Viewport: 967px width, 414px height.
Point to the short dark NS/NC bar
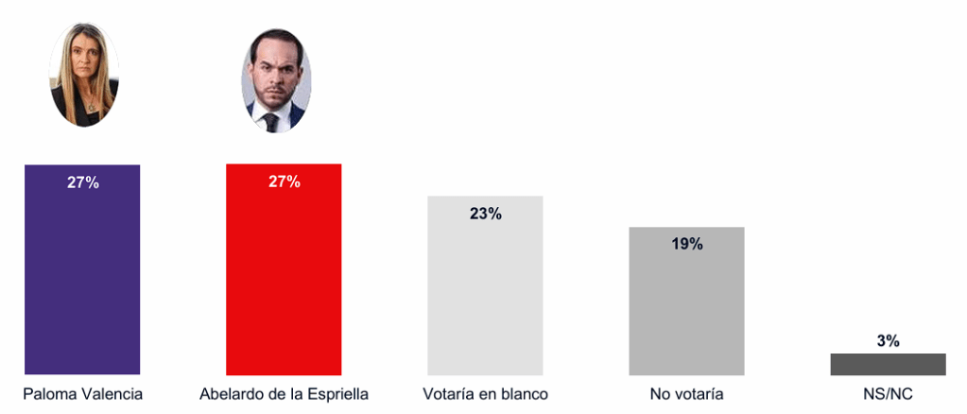click(x=888, y=364)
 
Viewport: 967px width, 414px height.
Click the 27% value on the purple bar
click(x=83, y=182)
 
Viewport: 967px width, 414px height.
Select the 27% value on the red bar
click(x=285, y=181)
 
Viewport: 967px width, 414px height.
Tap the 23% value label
click(x=486, y=214)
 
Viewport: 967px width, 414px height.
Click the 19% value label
click(x=687, y=244)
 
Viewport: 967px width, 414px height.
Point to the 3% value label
click(x=888, y=341)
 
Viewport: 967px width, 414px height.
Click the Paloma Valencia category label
click(x=83, y=393)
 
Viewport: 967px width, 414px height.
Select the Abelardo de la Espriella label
click(x=284, y=393)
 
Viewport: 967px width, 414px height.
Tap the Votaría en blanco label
click(x=486, y=393)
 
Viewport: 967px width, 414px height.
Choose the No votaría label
click(x=686, y=393)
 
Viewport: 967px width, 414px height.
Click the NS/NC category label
click(x=888, y=393)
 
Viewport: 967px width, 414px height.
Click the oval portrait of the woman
click(x=83, y=75)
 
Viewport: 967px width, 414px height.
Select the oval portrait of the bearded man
click(x=275, y=80)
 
